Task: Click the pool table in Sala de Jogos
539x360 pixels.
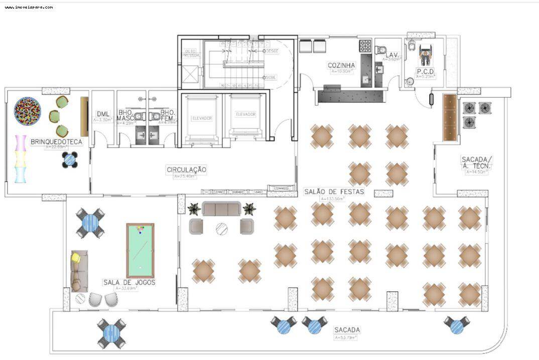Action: click(140, 251)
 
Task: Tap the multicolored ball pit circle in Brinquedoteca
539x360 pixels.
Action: click(28, 111)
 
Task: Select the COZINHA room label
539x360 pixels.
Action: click(341, 65)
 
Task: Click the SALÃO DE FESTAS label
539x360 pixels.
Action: click(334, 192)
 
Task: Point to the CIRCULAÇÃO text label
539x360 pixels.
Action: click(186, 170)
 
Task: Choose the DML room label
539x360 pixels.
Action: click(102, 114)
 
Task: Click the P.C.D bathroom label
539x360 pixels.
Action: click(425, 71)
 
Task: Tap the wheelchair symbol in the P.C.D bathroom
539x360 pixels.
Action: click(425, 55)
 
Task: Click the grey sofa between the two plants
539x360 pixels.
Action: click(221, 209)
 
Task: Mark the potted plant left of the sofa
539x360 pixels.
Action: click(194, 209)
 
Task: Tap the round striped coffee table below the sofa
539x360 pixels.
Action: click(221, 229)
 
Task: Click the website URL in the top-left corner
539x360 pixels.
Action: click(29, 7)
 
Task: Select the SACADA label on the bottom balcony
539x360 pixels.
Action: click(347, 330)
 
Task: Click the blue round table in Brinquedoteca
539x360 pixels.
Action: click(70, 160)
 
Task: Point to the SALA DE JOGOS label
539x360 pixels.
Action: click(129, 282)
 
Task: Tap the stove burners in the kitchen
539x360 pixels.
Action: click(365, 46)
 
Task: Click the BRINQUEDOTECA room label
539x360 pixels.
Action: click(56, 142)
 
